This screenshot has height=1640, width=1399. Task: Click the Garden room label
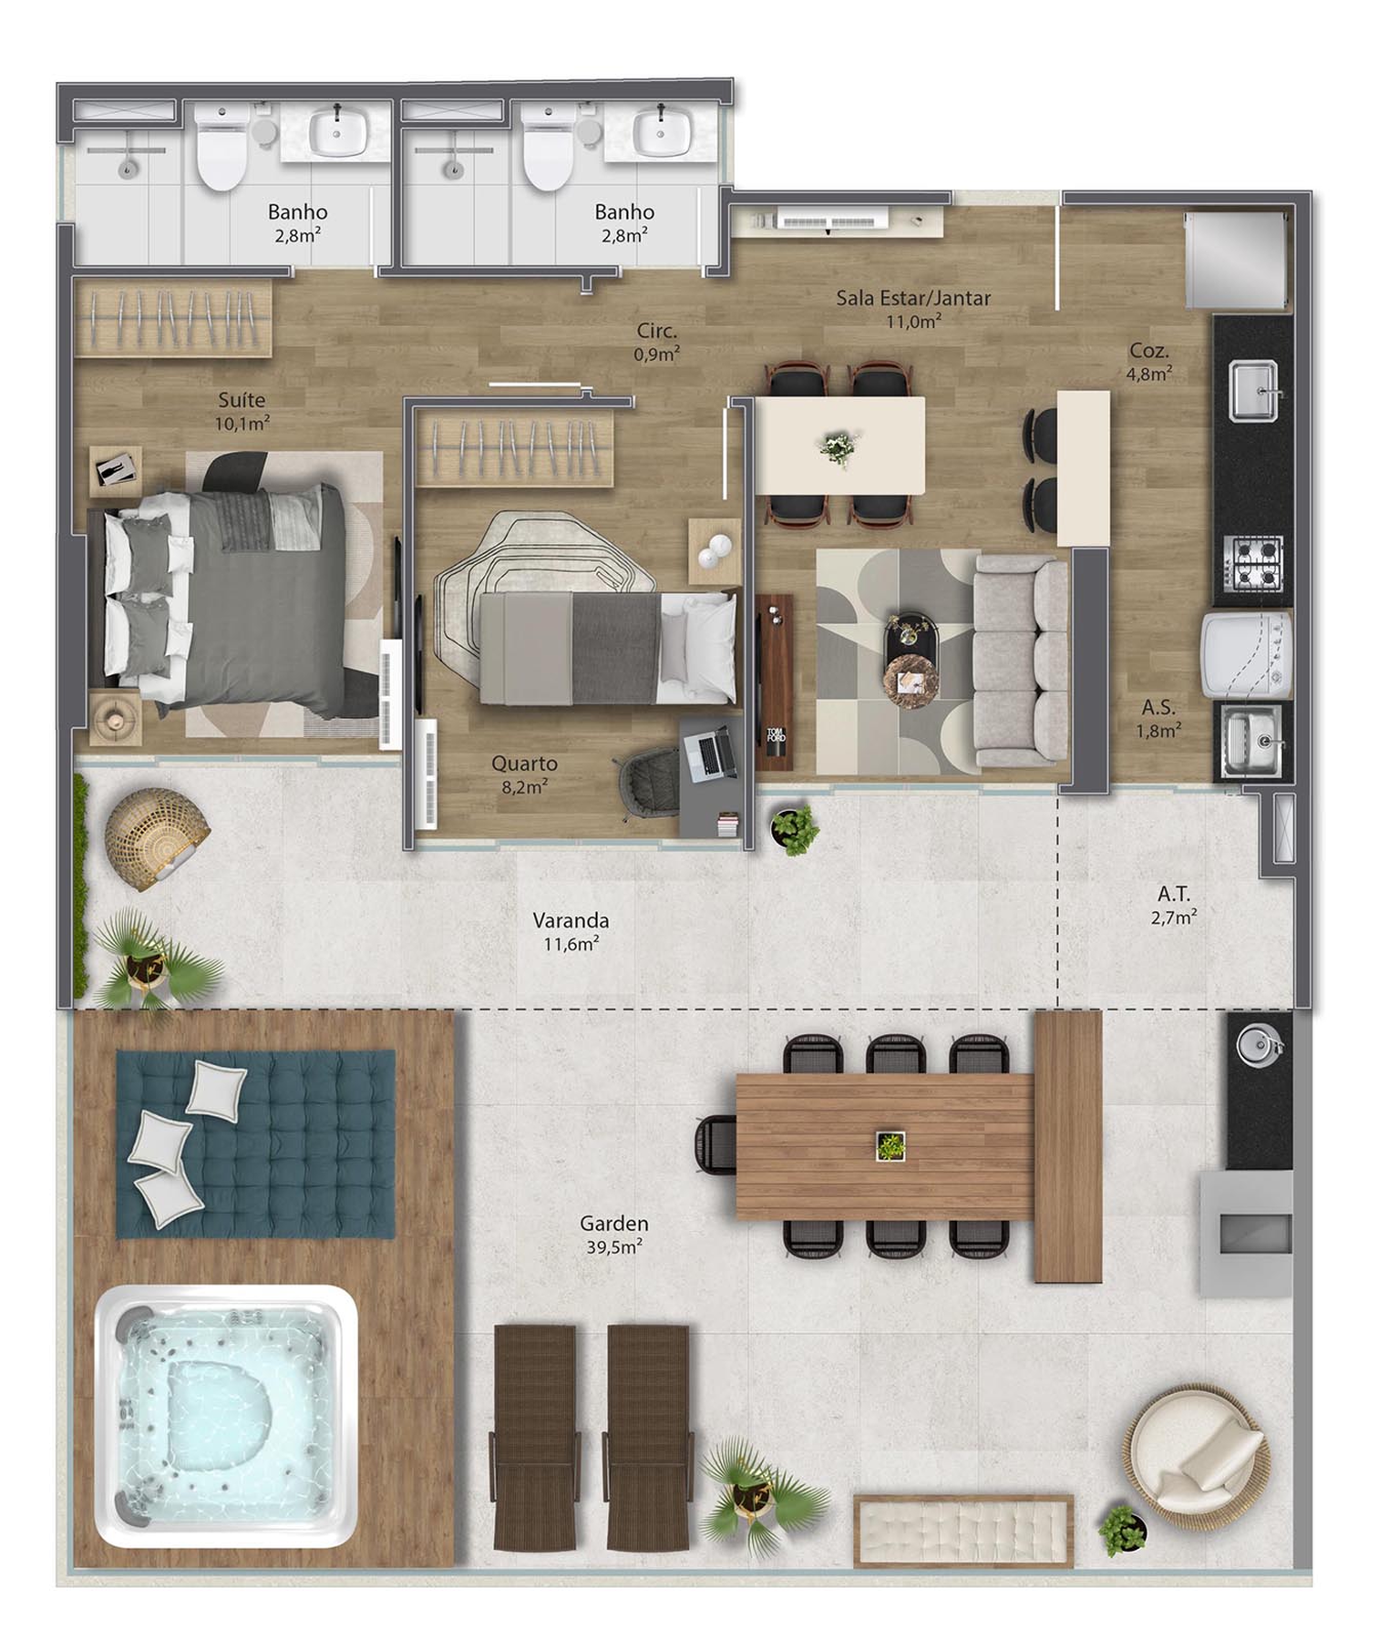pyautogui.click(x=613, y=1224)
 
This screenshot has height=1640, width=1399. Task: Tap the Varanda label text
pyautogui.click(x=571, y=920)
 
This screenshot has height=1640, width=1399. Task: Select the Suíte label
pyautogui.click(x=242, y=400)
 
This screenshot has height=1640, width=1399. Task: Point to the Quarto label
pyautogui.click(x=524, y=764)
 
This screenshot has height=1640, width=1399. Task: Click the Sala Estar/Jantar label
pyautogui.click(x=913, y=298)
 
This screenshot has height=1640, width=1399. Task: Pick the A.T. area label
pyautogui.click(x=1174, y=894)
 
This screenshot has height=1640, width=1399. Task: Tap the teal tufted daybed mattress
pyautogui.click(x=255, y=1143)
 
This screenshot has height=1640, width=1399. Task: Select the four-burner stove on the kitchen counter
pyautogui.click(x=1255, y=562)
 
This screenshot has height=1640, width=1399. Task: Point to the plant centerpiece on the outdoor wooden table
pyautogui.click(x=890, y=1146)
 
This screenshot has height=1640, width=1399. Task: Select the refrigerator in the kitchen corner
pyautogui.click(x=1237, y=261)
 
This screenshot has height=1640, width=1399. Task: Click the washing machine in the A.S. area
pyautogui.click(x=1247, y=656)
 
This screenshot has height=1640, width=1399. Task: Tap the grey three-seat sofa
pyautogui.click(x=1021, y=661)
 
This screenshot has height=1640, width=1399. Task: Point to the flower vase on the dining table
pyautogui.click(x=838, y=447)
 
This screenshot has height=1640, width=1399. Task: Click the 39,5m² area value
pyautogui.click(x=614, y=1246)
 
